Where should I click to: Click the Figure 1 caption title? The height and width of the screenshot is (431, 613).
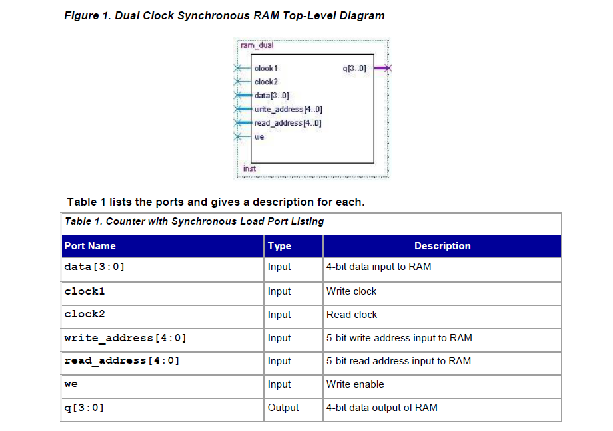[x=224, y=15]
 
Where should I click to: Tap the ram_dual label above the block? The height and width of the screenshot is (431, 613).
[x=257, y=45]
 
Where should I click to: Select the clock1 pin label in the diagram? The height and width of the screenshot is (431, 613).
[x=266, y=68]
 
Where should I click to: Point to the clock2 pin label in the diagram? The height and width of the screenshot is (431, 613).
[x=266, y=82]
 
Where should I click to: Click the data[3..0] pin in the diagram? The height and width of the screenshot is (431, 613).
[x=271, y=96]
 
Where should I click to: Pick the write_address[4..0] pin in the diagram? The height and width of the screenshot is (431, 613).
[x=288, y=109]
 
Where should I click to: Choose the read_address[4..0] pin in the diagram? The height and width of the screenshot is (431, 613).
[x=287, y=123]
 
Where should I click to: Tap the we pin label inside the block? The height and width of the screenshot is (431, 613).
[x=259, y=137]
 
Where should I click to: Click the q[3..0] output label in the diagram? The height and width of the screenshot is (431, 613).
[x=354, y=68]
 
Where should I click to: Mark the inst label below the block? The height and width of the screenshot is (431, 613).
[x=249, y=168]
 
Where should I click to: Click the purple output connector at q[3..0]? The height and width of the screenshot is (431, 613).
[x=384, y=68]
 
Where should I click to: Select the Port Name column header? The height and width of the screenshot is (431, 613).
[x=90, y=246]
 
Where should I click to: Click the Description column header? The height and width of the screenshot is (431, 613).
[x=442, y=246]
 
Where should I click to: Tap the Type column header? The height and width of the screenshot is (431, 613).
[x=279, y=246]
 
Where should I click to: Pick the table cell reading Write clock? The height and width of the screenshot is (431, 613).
[x=351, y=291]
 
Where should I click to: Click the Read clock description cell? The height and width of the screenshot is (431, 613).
[x=352, y=315]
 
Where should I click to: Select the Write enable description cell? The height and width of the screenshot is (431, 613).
[x=355, y=384]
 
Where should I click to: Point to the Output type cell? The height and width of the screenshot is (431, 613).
[x=283, y=408]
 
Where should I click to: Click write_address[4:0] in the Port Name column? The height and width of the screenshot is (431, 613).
[x=125, y=338]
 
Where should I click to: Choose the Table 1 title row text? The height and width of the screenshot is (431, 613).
[x=194, y=221]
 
